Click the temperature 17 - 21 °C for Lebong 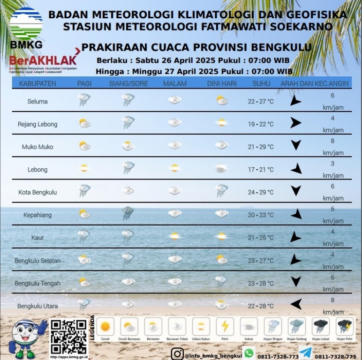tap(260, 170)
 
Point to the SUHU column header tap(261, 83)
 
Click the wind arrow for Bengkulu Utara tap(295, 304)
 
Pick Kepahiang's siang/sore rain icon tap(127, 213)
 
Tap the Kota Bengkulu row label tap(38, 192)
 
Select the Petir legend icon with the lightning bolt tap(225, 326)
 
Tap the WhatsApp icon tap(249, 353)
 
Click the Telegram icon tap(305, 353)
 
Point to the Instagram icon tap(177, 354)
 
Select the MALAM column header tap(175, 83)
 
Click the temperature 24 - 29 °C tap(260, 192)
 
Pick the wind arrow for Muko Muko tap(295, 145)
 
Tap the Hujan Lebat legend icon tap(321, 326)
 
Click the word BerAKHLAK tap(42, 60)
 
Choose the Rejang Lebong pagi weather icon tap(84, 123)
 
